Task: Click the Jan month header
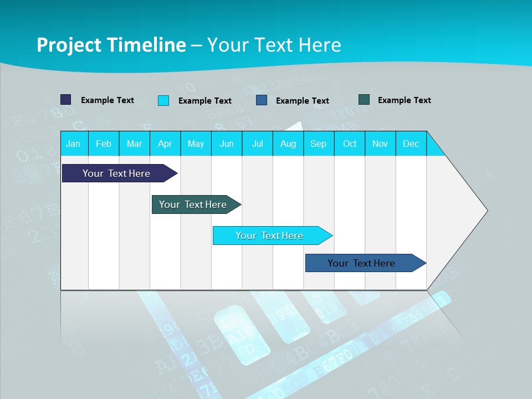pos(73,144)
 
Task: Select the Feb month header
pos(104,144)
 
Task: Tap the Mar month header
pos(134,144)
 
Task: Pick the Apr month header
pos(165,144)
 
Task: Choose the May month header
pos(196,144)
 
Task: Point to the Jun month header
pos(227,144)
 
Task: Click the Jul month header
pos(257,144)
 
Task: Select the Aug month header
pos(288,144)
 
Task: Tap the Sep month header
pos(319,144)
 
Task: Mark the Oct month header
pos(350,144)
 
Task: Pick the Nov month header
pos(380,144)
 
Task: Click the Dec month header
pos(411,144)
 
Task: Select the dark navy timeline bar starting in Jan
pos(117,173)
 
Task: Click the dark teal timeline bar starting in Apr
pos(193,204)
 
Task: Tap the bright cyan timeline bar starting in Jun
pos(270,236)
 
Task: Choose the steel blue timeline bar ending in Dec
pos(362,263)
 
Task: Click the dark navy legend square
pos(66,100)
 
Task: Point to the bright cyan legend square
pos(163,100)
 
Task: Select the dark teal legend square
pos(364,100)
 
